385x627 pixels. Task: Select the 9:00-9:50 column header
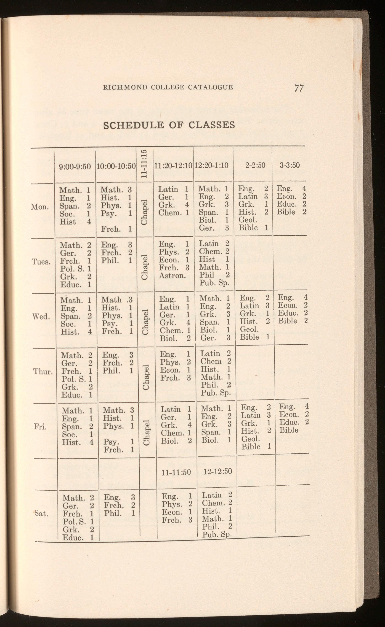75,167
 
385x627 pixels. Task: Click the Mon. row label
40,207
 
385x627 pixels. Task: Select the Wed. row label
41,316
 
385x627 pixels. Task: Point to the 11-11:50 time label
176,472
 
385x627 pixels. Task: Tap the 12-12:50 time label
218,471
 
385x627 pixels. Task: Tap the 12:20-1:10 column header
211,165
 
